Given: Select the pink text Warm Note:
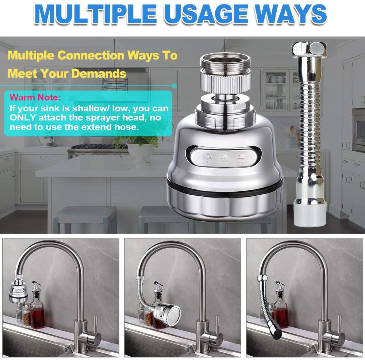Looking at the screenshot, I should click(34, 98).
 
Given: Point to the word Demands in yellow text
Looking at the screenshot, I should click(99, 73).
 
